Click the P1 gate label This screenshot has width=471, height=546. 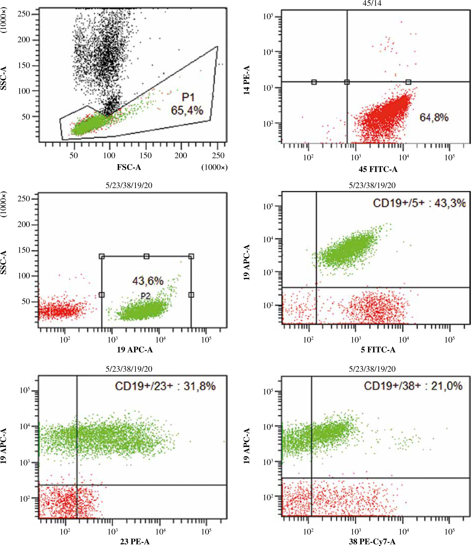(188, 97)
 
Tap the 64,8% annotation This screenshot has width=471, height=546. (434, 117)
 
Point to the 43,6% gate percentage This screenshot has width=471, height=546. (148, 281)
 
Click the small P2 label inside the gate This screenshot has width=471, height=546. (145, 296)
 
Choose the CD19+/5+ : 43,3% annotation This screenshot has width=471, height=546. (419, 203)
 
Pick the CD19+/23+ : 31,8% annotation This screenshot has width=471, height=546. (165, 386)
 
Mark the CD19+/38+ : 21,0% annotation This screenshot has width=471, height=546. (413, 386)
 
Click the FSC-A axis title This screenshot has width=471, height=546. (129, 167)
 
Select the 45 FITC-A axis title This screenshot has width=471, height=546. (378, 169)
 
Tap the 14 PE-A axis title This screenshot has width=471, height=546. (247, 80)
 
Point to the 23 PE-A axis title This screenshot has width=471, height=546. (135, 542)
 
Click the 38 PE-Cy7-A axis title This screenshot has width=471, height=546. (372, 542)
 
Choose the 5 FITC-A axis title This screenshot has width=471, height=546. (378, 350)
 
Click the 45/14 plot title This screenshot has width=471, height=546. (372, 3)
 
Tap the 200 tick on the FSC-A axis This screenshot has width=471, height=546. (181, 156)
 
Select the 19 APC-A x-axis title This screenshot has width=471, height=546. (135, 350)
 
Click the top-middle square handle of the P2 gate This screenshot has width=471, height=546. (147, 256)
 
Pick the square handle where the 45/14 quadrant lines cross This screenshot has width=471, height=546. (347, 82)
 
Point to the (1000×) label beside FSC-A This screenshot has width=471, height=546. (214, 167)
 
